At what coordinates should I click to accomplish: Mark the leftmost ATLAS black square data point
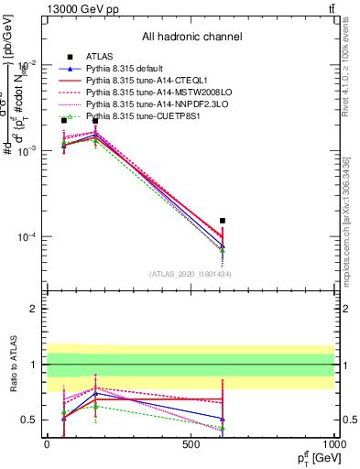click(x=63, y=120)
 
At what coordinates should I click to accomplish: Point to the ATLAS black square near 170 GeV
click(x=95, y=121)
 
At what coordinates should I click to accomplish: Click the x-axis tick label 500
click(x=191, y=444)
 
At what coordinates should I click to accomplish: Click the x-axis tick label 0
click(x=47, y=444)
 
